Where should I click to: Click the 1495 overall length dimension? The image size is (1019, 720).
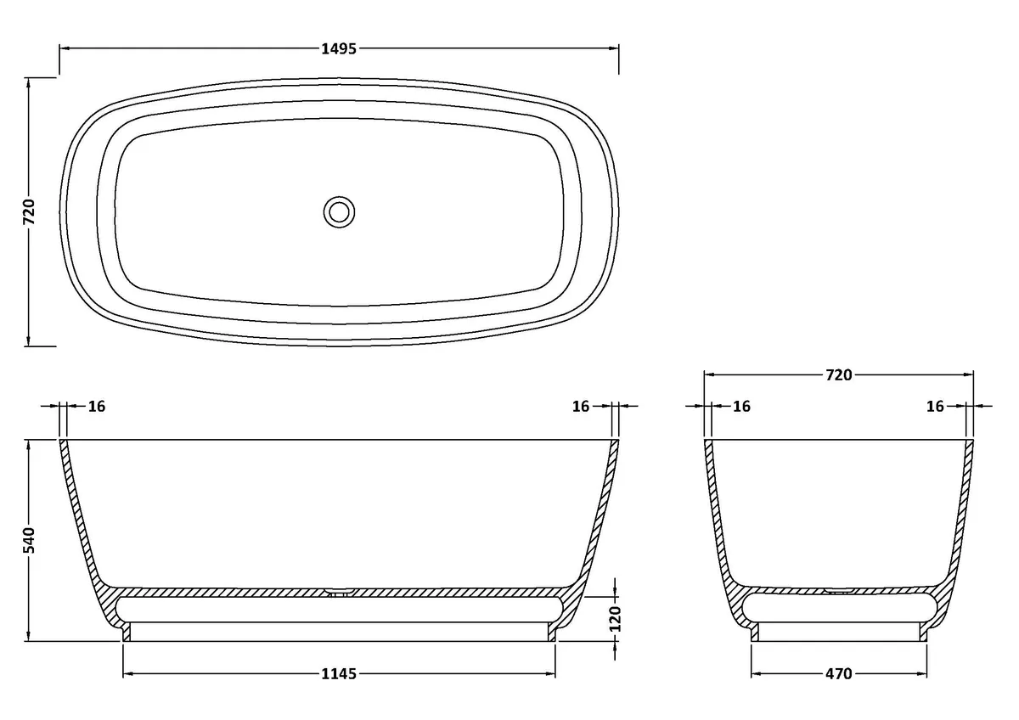[x=339, y=48]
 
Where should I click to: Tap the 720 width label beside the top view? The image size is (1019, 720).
[x=29, y=212]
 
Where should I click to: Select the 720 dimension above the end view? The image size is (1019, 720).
[x=838, y=375]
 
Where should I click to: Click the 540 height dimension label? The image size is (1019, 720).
[x=29, y=540]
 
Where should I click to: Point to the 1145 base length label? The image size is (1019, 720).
[x=339, y=673]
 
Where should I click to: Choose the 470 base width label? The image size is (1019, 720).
[x=838, y=673]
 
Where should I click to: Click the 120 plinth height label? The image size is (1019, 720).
[x=615, y=619]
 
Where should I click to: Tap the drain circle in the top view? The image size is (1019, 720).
[x=339, y=212]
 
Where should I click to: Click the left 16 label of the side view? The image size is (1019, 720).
[x=97, y=406]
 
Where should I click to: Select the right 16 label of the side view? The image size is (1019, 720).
[x=581, y=406]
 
